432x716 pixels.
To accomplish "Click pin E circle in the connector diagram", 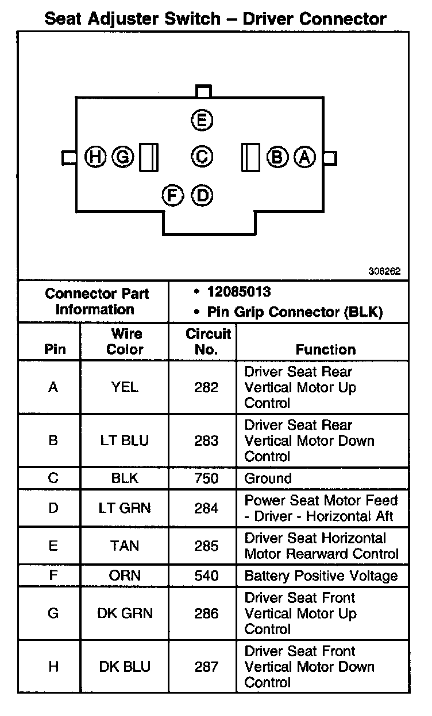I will click(202, 120).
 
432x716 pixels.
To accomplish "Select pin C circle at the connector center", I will click(202, 157).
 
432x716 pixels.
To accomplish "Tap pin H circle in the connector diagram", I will click(95, 157).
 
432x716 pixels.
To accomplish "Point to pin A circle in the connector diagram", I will click(305, 157).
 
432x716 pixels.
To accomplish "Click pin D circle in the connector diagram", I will click(202, 196).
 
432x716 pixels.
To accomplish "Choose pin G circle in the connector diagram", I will click(122, 157).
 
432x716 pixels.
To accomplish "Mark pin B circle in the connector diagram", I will click(278, 157).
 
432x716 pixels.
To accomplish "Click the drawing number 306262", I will click(384, 272).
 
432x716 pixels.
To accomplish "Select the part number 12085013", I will click(239, 292).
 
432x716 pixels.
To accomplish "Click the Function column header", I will click(326, 349).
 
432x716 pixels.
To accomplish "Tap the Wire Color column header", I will click(125, 341).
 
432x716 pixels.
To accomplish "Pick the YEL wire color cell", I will click(125, 387).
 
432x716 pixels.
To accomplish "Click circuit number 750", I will click(206, 478).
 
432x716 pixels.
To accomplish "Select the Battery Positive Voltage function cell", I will click(321, 576).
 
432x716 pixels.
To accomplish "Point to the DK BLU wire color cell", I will click(125, 667).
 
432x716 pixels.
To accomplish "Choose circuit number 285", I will click(206, 546).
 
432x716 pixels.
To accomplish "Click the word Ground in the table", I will click(268, 478).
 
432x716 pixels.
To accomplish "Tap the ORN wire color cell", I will click(125, 576).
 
